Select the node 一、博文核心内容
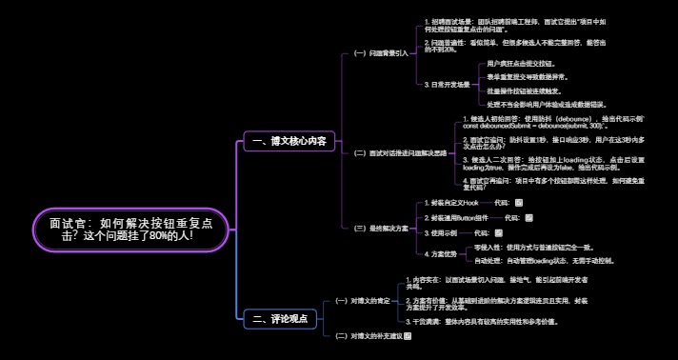[285, 142]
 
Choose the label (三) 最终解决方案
[381, 229]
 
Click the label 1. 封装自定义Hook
[450, 203]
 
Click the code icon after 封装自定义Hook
[517, 203]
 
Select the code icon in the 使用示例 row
[499, 231]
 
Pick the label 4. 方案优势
[442, 252]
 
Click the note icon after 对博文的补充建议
[408, 336]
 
